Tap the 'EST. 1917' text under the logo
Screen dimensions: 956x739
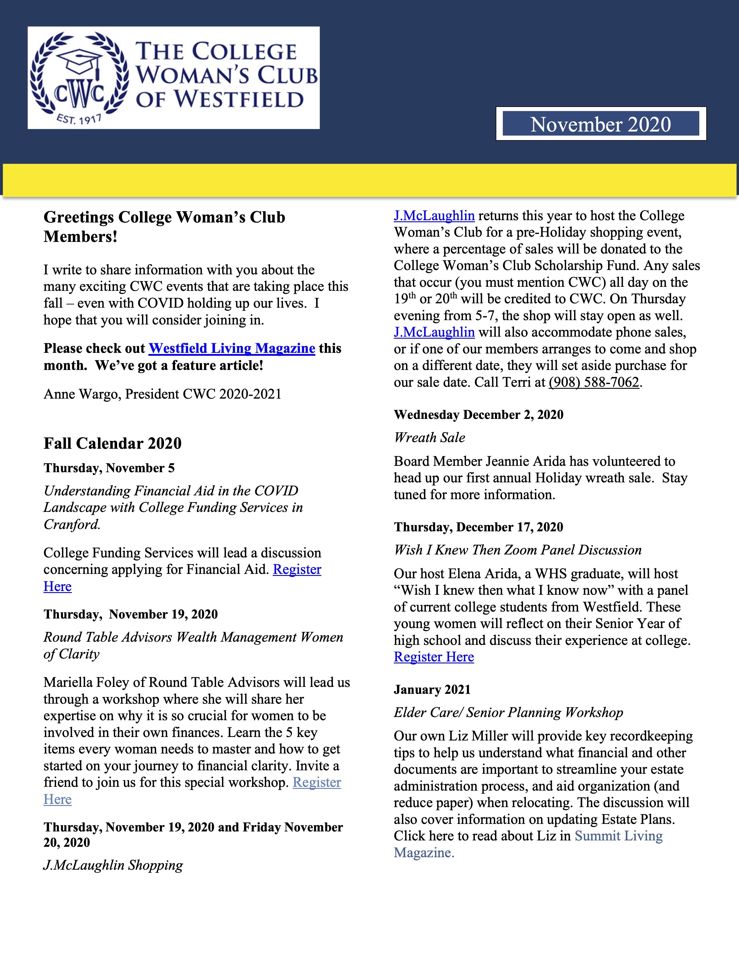(79, 118)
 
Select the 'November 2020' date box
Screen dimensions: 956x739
(601, 124)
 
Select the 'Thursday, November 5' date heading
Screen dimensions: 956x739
(109, 468)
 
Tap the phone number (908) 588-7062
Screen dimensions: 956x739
(594, 382)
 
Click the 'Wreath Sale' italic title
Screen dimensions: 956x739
(429, 437)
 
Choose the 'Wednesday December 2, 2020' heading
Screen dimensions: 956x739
(478, 415)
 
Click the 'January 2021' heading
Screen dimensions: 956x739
(432, 689)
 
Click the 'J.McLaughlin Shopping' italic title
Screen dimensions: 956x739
(113, 865)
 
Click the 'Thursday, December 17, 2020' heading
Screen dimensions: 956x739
(478, 527)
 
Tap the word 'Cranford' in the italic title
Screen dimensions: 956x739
(71, 524)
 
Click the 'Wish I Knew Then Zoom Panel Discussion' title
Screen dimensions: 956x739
(518, 550)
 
